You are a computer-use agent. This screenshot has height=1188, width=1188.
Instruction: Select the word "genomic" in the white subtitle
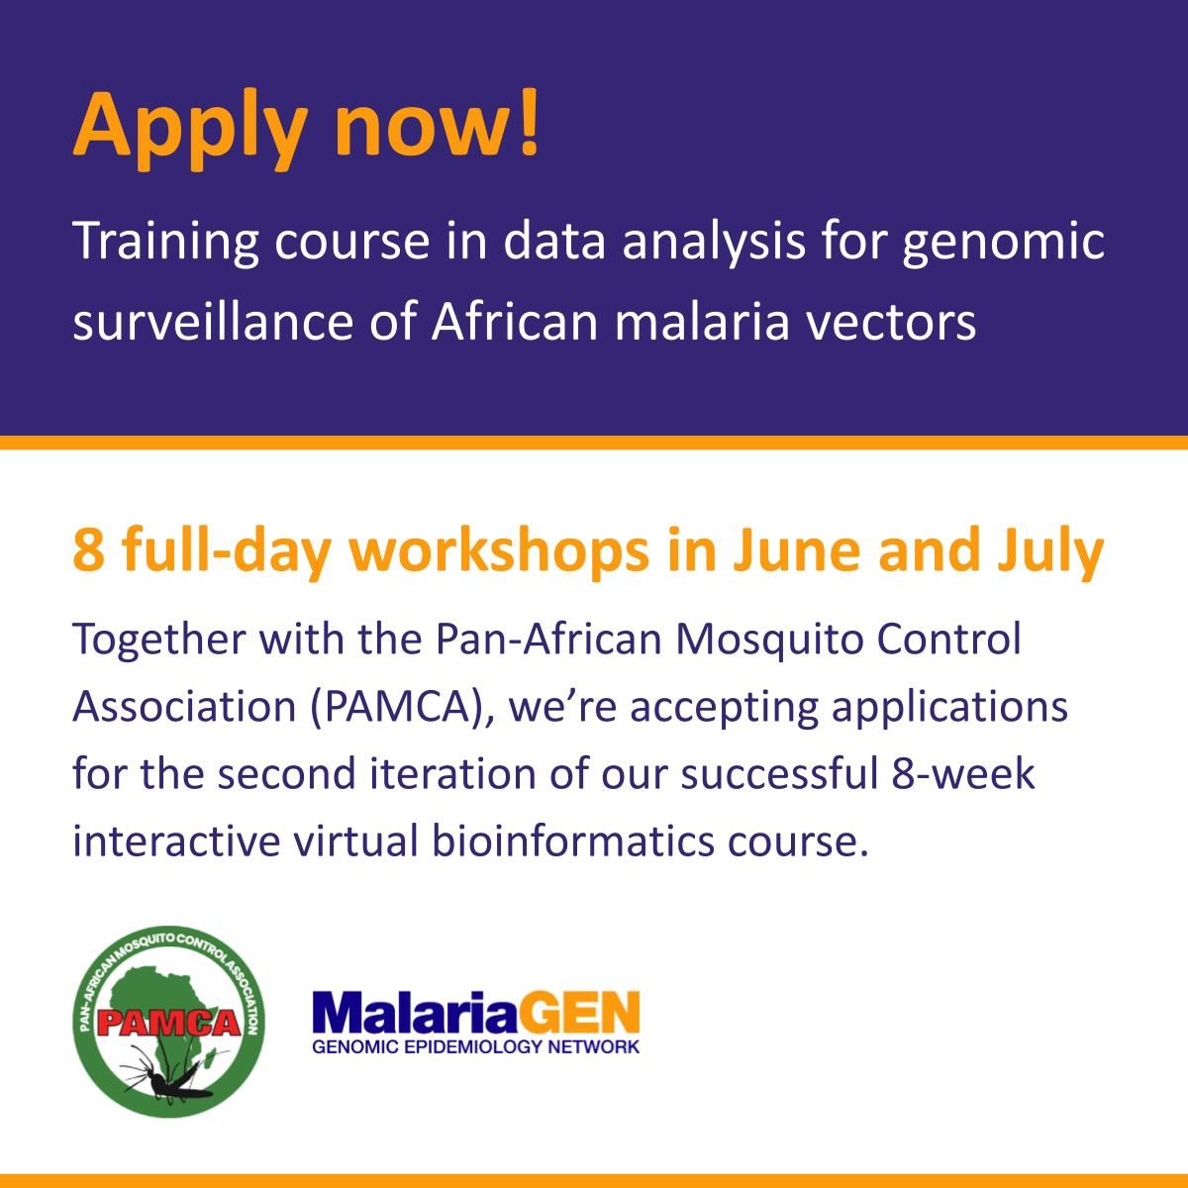click(1003, 243)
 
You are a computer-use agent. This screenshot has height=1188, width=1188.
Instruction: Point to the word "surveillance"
click(213, 323)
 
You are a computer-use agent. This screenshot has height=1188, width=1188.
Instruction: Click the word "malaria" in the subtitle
click(702, 323)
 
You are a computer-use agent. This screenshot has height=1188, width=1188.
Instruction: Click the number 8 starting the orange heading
click(87, 550)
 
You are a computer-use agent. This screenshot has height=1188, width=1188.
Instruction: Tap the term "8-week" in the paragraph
click(962, 774)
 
